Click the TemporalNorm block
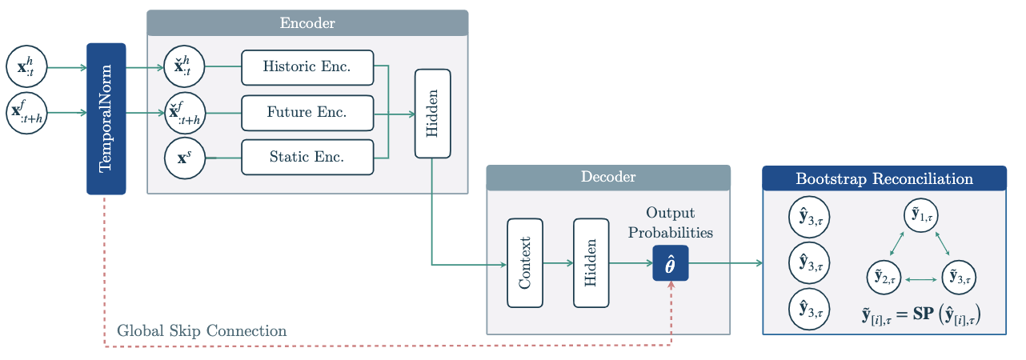coord(106,118)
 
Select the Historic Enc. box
coord(307,67)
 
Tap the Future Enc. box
coord(307,113)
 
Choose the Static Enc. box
coord(307,158)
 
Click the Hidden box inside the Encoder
coord(432,113)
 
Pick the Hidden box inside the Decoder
coord(591,262)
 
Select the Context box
coord(525,262)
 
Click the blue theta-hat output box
coord(671,263)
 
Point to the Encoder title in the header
coord(307,23)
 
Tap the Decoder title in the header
coord(608,178)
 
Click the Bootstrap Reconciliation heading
coord(884,178)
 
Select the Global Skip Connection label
coord(202,330)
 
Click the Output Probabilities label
coord(671,222)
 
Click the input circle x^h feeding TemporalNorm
coord(26,67)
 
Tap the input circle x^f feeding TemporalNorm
coord(26,113)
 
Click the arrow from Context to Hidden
coord(558,262)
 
